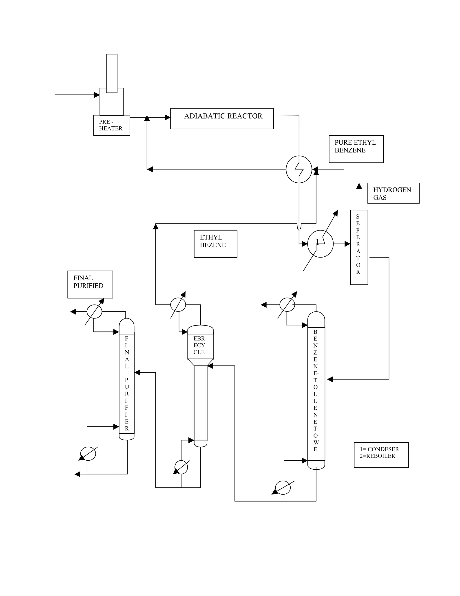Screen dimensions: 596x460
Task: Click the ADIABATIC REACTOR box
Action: click(x=222, y=119)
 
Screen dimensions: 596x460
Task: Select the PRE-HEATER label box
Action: click(x=111, y=125)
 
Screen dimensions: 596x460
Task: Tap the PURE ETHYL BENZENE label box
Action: click(x=356, y=149)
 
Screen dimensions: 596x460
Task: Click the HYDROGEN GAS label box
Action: click(x=393, y=193)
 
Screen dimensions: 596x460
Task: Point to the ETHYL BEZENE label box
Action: click(x=215, y=244)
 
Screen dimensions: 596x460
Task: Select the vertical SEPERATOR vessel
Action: click(x=359, y=247)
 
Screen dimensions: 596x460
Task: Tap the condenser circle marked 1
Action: click(x=320, y=244)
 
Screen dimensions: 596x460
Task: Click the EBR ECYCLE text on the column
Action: click(x=199, y=345)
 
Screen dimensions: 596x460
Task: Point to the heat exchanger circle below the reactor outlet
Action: click(x=299, y=169)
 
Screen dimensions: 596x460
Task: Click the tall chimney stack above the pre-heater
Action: click(x=112, y=73)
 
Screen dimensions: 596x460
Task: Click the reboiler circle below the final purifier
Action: click(x=88, y=454)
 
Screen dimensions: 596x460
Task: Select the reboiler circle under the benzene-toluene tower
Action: click(x=283, y=488)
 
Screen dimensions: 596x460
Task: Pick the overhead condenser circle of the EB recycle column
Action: click(x=178, y=305)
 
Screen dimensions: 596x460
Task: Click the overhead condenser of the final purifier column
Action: click(x=94, y=311)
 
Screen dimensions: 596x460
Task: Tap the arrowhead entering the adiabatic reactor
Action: click(x=167, y=117)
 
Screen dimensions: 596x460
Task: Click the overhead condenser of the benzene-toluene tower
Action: click(x=287, y=305)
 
